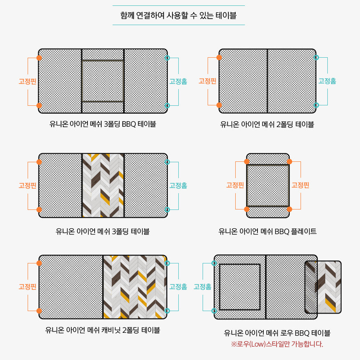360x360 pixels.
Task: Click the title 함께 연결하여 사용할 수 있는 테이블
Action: [178, 15]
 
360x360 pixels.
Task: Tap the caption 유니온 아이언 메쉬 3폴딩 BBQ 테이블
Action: [103, 124]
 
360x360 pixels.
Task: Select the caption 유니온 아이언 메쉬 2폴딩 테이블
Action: [267, 124]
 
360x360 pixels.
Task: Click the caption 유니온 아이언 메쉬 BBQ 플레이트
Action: [267, 231]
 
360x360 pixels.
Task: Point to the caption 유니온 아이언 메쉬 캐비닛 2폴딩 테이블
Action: [103, 330]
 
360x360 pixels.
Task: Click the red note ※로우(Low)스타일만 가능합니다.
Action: [277, 344]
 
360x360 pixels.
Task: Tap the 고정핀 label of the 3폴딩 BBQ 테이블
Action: [28, 81]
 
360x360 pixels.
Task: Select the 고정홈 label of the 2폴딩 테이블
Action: [327, 81]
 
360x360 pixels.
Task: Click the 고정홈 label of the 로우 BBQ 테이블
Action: [202, 286]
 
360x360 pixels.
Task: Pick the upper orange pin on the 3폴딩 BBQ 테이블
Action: [39, 58]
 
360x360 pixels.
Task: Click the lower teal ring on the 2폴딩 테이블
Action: [316, 105]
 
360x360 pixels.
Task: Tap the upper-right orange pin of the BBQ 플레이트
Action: [289, 162]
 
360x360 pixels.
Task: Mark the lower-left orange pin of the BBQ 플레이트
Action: [247, 209]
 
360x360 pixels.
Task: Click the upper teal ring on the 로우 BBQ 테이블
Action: [214, 263]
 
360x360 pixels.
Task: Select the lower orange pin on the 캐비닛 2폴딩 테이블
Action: [39, 311]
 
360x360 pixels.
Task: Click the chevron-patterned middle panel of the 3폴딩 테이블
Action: [103, 186]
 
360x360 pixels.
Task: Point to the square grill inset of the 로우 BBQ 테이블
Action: [240, 287]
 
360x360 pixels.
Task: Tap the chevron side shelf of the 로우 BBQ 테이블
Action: [323, 287]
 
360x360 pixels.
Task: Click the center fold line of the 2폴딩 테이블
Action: [267, 81]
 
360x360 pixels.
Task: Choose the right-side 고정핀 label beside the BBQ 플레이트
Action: [300, 185]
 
